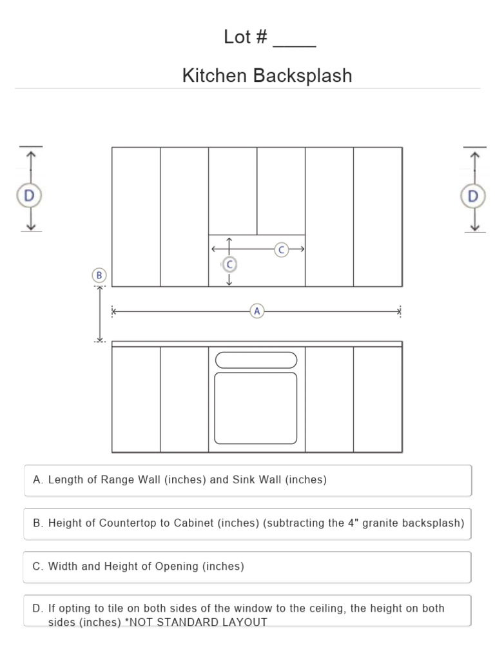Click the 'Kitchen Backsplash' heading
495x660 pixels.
tap(267, 76)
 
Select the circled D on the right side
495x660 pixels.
tap(474, 195)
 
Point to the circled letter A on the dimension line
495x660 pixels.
tap(257, 311)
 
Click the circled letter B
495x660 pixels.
tap(99, 275)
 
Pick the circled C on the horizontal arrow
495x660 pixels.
tap(281, 249)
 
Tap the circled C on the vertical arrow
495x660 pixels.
tap(229, 264)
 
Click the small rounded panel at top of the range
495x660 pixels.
tap(256, 360)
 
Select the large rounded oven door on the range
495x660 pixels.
tap(256, 408)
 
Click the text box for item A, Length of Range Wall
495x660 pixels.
tap(247, 480)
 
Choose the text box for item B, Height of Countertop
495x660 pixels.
tap(247, 523)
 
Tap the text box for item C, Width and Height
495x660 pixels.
tap(247, 567)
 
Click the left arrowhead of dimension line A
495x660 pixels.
tap(114, 311)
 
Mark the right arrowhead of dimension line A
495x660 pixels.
tap(400, 311)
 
